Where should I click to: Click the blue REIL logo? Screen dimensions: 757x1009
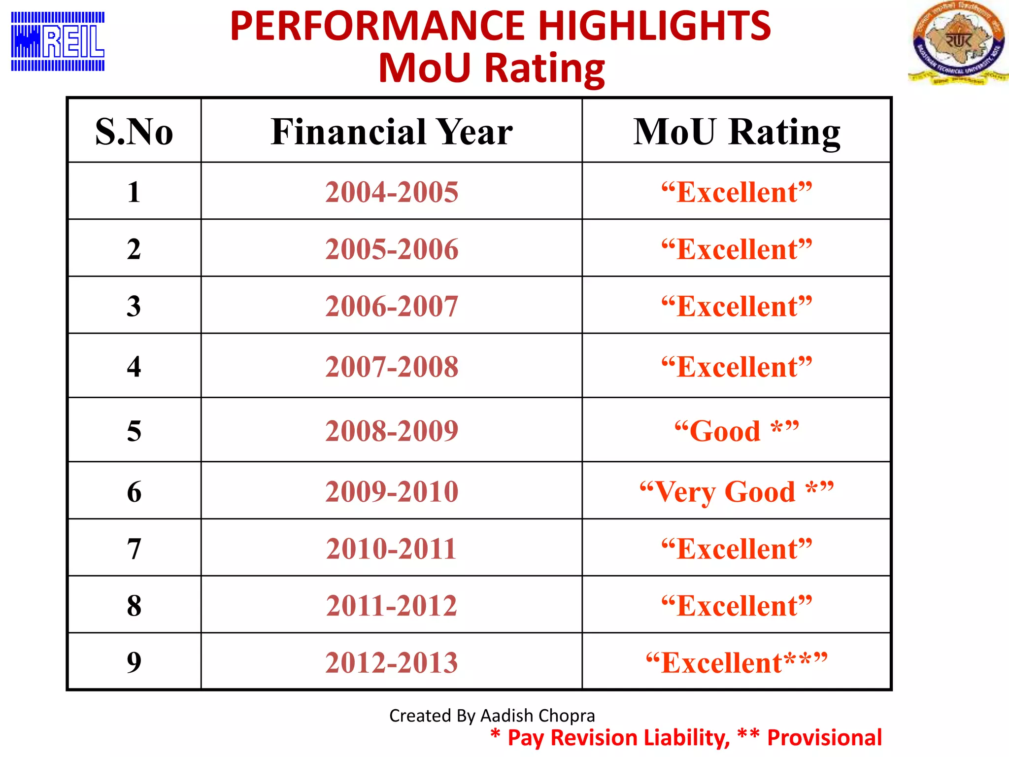pyautogui.click(x=58, y=41)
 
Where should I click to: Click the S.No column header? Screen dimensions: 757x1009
pyautogui.click(x=134, y=132)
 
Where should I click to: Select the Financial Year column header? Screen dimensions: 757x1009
pyautogui.click(x=392, y=132)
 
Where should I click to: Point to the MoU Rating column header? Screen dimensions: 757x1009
pyautogui.click(x=737, y=132)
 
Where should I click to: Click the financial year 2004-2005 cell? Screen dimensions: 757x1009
pyautogui.click(x=392, y=192)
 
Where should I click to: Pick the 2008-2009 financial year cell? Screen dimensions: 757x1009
pyautogui.click(x=392, y=431)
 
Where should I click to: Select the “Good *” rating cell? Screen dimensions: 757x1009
pyautogui.click(x=737, y=431)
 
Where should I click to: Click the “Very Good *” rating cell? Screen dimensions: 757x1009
pyautogui.click(x=737, y=491)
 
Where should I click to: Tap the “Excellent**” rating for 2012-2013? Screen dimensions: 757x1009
pyautogui.click(x=737, y=662)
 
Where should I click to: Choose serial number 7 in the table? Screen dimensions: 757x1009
pyautogui.click(x=134, y=549)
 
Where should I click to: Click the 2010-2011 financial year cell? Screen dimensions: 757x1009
pyautogui.click(x=392, y=549)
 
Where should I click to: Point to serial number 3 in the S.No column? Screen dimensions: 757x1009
pyautogui.click(x=134, y=306)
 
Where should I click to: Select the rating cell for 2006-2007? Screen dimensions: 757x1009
pyautogui.click(x=737, y=306)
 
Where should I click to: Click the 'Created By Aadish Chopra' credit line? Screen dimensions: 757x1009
pyautogui.click(x=492, y=715)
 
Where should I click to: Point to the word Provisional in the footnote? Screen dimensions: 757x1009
pyautogui.click(x=824, y=738)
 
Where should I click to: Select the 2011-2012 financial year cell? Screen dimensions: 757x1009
pyautogui.click(x=392, y=606)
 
